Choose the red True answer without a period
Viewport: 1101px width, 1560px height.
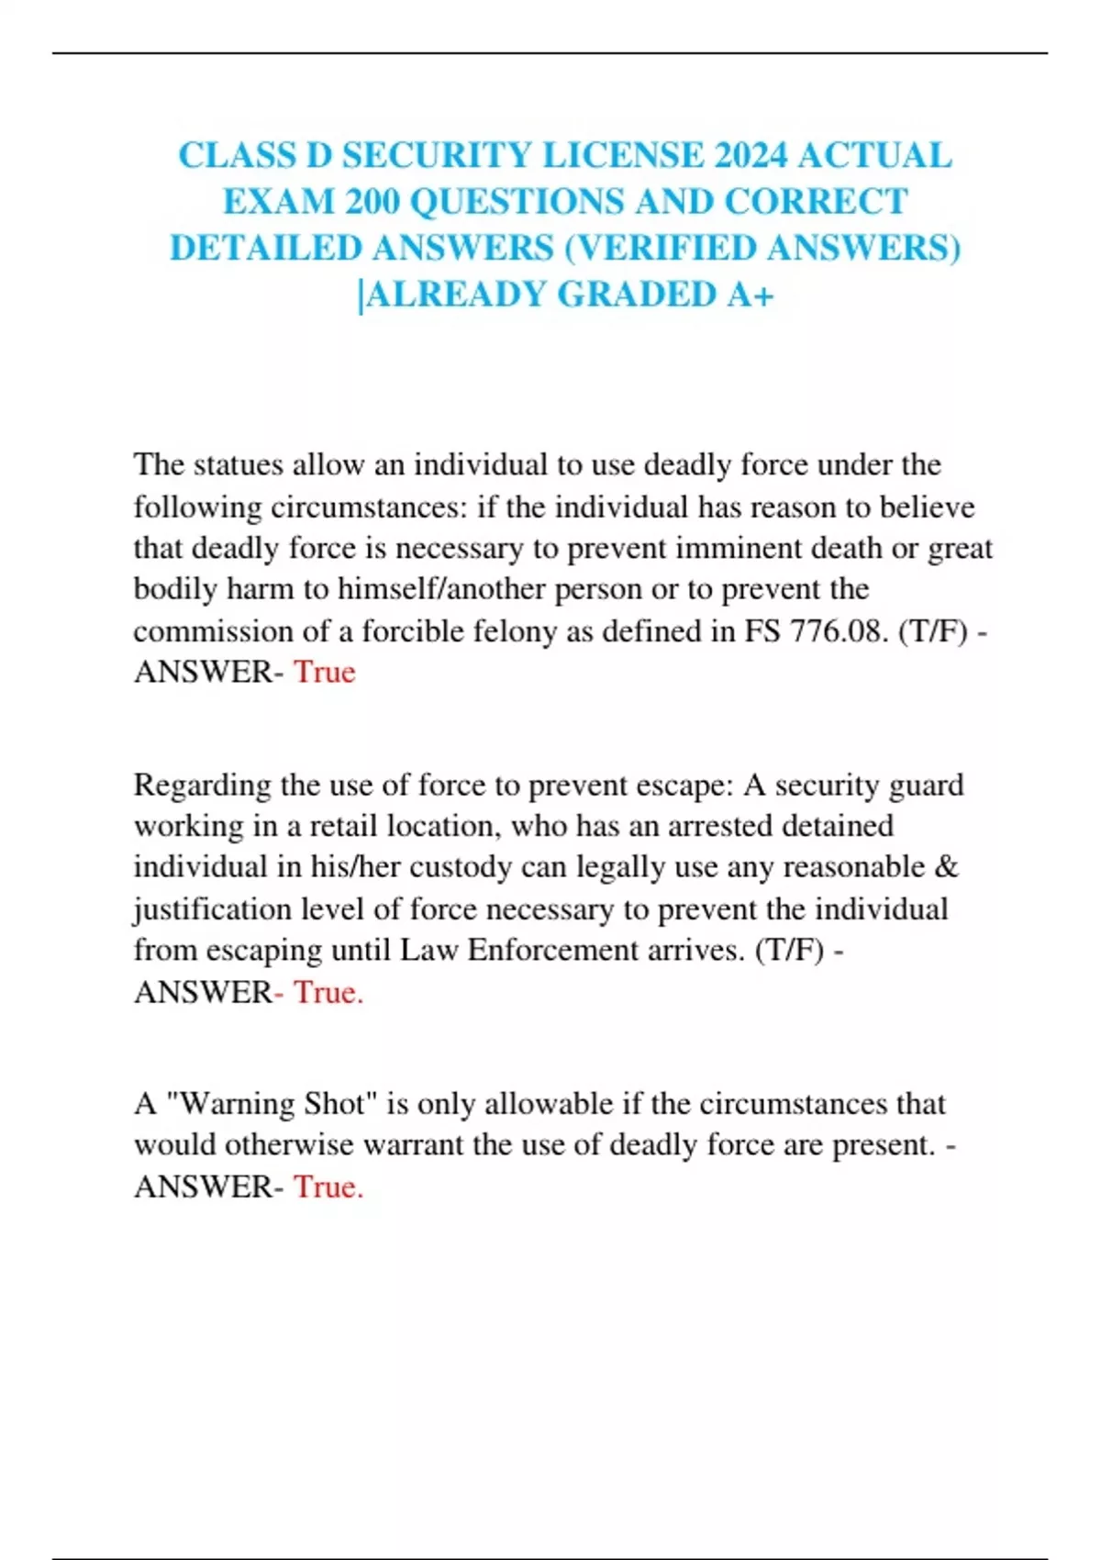point(324,673)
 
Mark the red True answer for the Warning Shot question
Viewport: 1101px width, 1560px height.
point(328,1187)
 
